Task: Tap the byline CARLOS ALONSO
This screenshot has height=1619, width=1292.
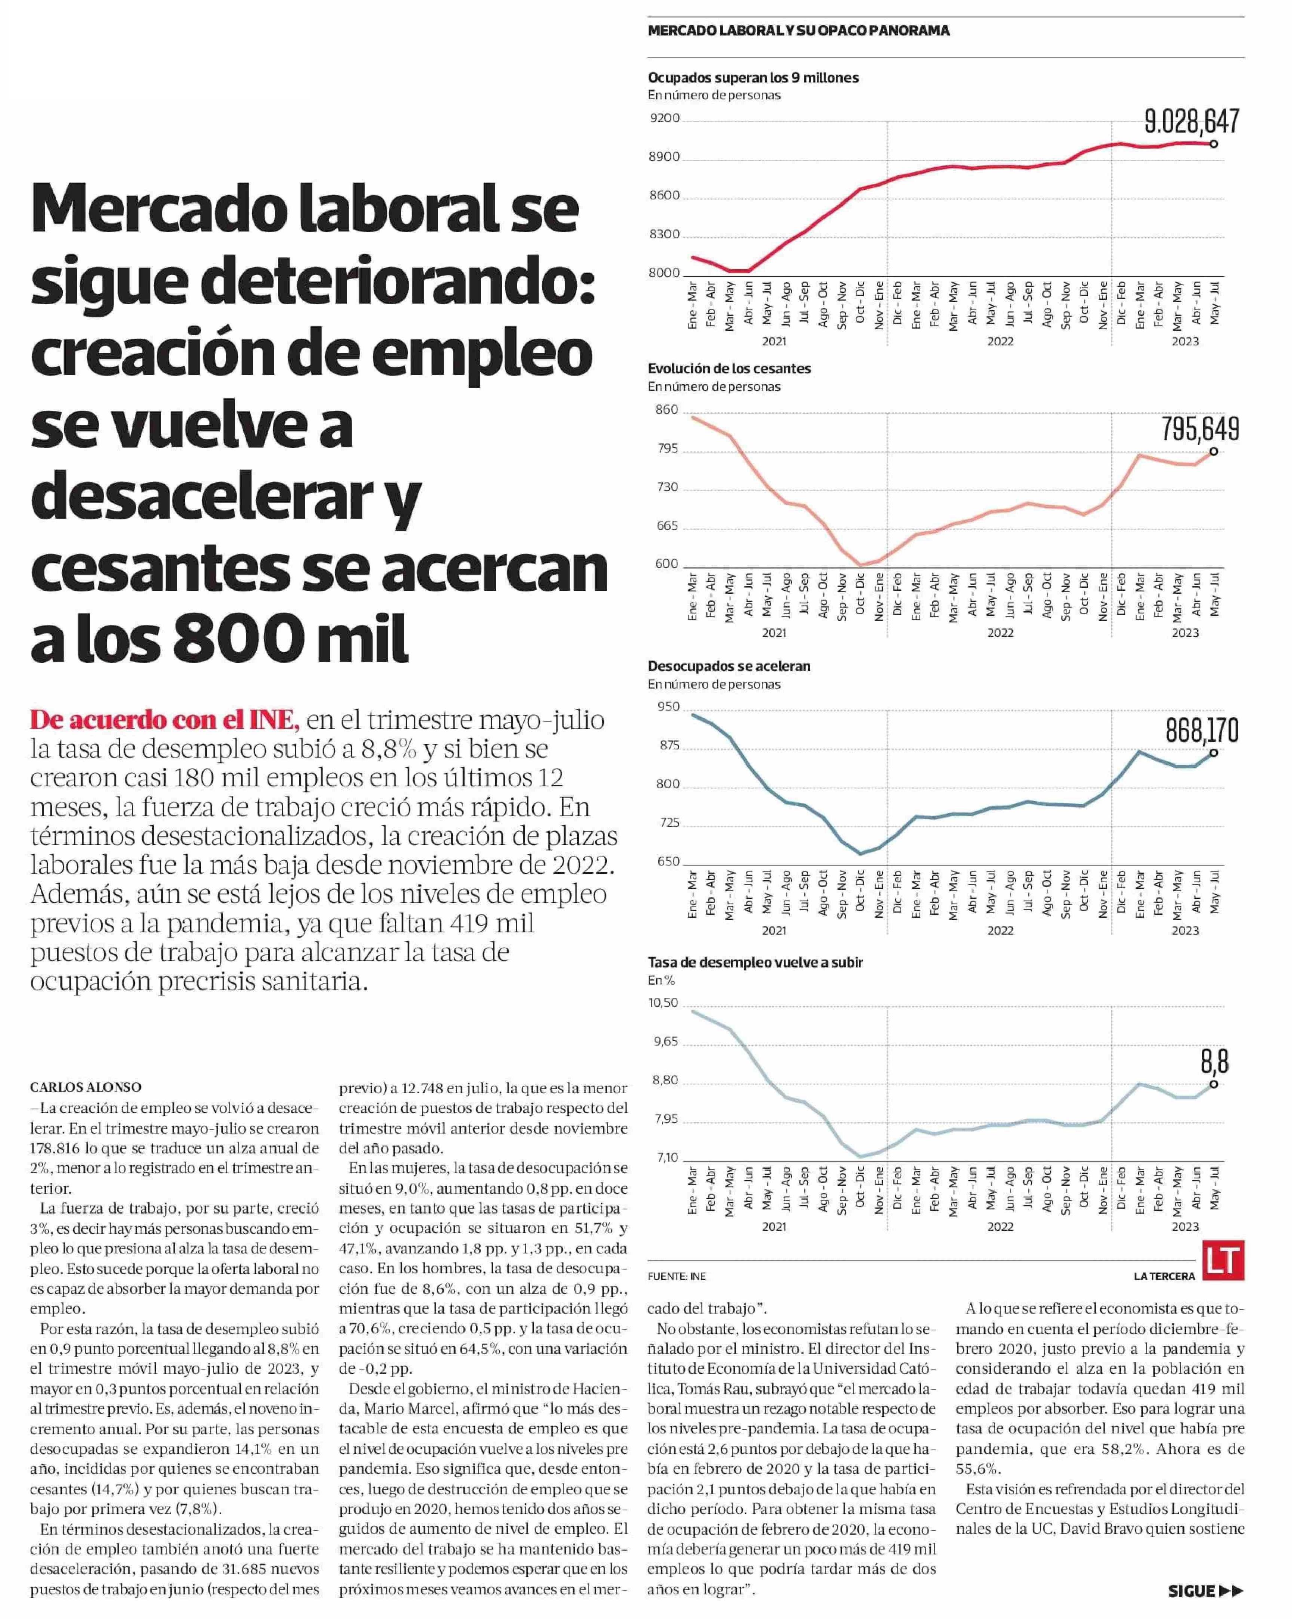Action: (x=85, y=1087)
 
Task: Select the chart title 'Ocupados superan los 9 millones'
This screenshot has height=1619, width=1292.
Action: (x=753, y=77)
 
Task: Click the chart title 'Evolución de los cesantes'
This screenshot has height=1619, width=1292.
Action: (x=729, y=369)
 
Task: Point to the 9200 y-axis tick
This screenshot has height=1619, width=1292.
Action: (x=664, y=118)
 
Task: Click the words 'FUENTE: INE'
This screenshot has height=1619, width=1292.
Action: (x=676, y=1276)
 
